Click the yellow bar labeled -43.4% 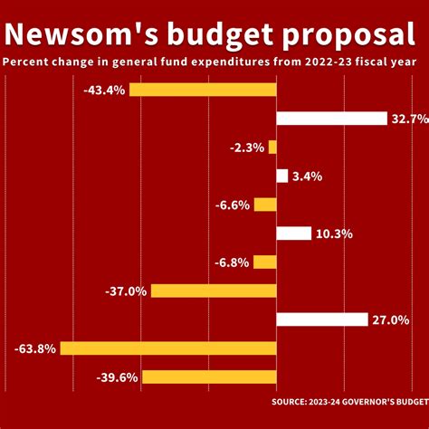[x=203, y=89]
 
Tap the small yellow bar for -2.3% [x=272, y=147]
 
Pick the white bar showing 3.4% [x=282, y=176]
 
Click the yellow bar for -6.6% [x=265, y=205]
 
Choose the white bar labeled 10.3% [x=294, y=234]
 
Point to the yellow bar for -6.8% [x=264, y=262]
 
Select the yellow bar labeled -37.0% [x=214, y=291]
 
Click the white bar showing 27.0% [x=322, y=319]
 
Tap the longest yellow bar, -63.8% [x=168, y=348]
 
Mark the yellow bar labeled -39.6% [x=209, y=377]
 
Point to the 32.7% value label [x=409, y=118]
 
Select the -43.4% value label [x=103, y=89]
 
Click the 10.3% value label [x=334, y=234]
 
